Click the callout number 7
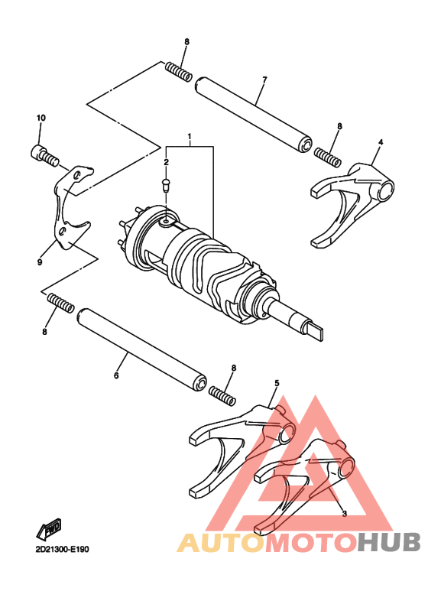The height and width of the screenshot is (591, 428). (264, 80)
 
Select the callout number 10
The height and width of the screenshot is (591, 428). (41, 118)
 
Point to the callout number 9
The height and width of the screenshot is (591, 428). (39, 262)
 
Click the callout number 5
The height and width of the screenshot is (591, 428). (277, 383)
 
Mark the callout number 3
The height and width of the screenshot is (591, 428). (344, 514)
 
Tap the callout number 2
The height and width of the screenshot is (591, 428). (165, 162)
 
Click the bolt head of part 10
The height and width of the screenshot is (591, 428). (37, 152)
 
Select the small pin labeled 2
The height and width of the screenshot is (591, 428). (165, 183)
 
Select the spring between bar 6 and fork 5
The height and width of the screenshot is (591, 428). (221, 395)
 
